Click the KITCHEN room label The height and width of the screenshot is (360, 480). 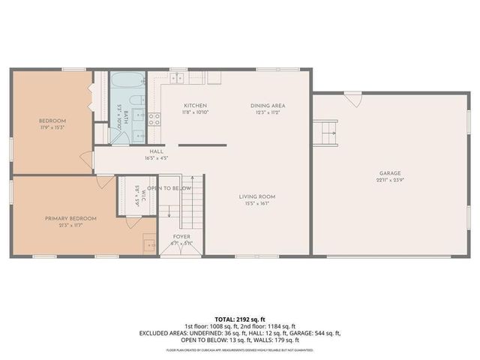pyautogui.click(x=195, y=106)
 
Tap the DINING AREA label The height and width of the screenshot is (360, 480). pyautogui.click(x=268, y=106)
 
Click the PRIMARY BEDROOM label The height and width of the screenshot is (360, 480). pyautogui.click(x=70, y=218)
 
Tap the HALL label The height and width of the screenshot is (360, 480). pyautogui.click(x=156, y=151)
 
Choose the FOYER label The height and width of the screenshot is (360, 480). pyautogui.click(x=182, y=236)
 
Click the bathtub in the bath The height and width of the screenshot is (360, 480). pyautogui.click(x=128, y=82)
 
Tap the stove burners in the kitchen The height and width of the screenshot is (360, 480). pyautogui.click(x=154, y=118)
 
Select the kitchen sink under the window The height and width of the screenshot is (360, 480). pyautogui.click(x=178, y=78)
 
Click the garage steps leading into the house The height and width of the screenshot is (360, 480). pyautogui.click(x=328, y=133)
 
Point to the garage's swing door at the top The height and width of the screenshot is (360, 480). pyautogui.click(x=354, y=98)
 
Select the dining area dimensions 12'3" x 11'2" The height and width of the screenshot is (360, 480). pyautogui.click(x=268, y=112)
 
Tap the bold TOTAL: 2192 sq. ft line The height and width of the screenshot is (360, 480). pyautogui.click(x=240, y=318)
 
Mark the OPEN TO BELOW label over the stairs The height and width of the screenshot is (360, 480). pyautogui.click(x=169, y=188)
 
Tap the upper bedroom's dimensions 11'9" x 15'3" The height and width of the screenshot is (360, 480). pyautogui.click(x=52, y=127)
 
